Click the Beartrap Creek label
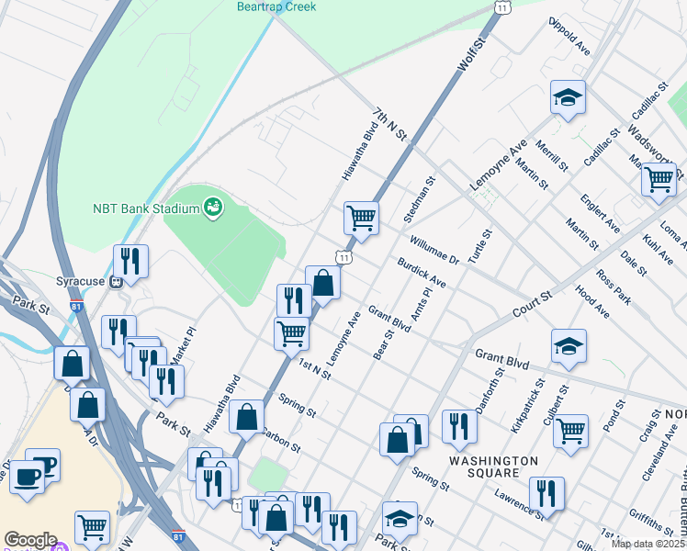276,6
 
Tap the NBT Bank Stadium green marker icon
213,208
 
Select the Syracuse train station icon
117,282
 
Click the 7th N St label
389,123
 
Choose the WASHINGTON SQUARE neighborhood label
493,467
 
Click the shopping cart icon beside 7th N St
361,218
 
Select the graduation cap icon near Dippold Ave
568,96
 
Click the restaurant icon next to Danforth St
458,425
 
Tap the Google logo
29,540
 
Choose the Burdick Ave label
421,273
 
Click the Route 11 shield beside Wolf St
501,6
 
